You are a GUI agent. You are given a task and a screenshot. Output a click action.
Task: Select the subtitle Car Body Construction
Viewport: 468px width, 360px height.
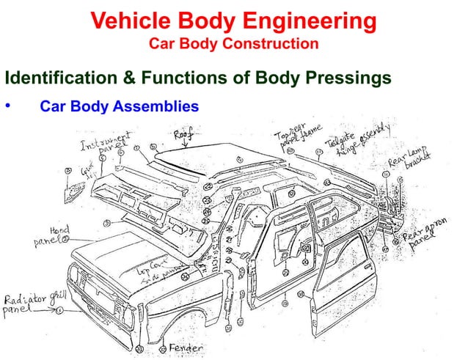(x=233, y=44)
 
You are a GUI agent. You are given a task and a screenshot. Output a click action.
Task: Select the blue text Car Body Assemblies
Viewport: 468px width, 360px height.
(x=119, y=106)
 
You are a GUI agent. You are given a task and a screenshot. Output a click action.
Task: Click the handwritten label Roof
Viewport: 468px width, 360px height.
(x=184, y=133)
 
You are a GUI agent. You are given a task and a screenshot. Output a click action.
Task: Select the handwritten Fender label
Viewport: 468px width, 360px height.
(x=186, y=347)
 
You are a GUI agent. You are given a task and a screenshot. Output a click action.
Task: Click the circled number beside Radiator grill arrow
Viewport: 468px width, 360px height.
(x=59, y=311)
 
